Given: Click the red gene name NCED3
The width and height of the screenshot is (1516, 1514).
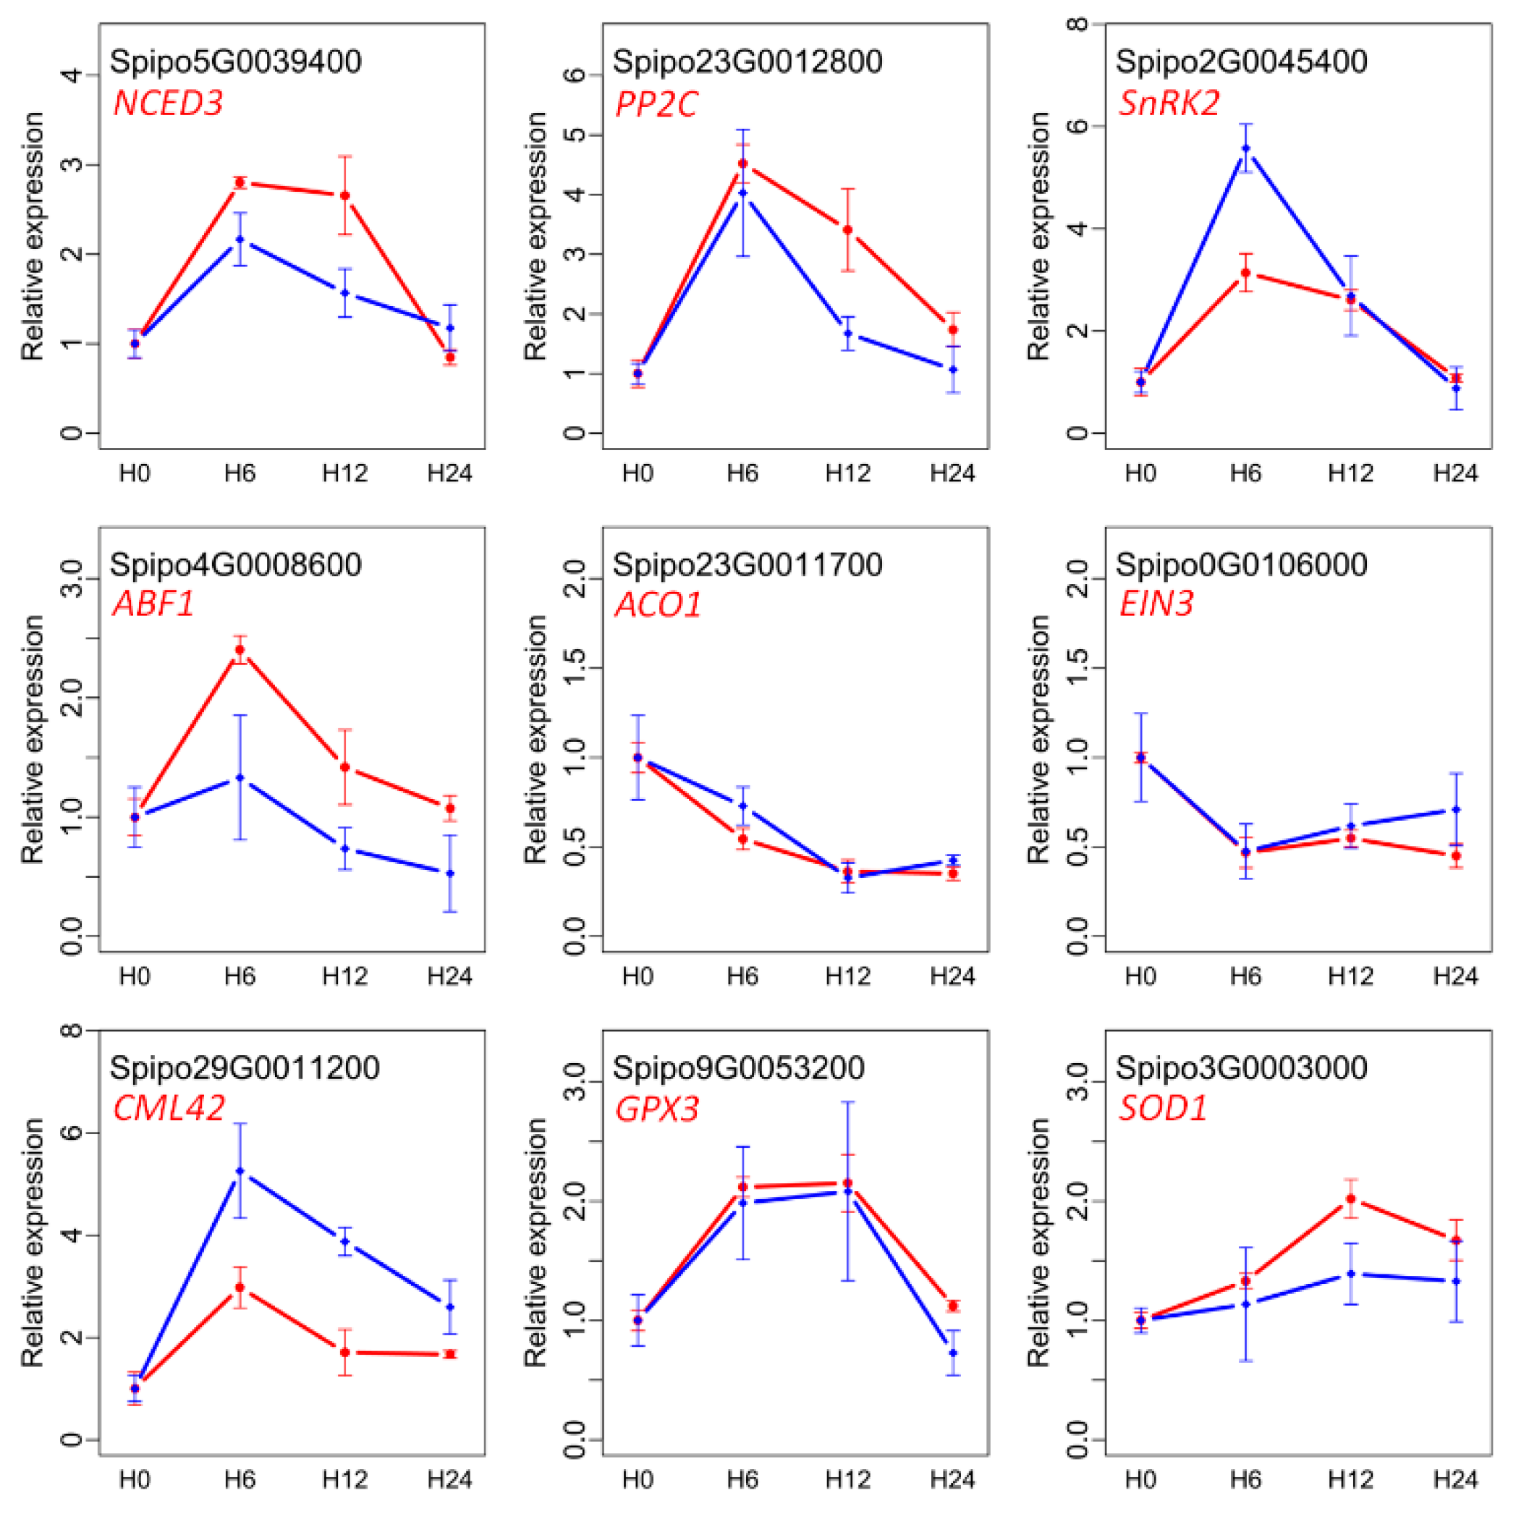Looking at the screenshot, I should coord(168,103).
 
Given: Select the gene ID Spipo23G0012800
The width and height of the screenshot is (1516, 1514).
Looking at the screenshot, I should coord(746,62).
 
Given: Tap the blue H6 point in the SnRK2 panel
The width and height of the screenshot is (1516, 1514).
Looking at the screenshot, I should coord(1245,148).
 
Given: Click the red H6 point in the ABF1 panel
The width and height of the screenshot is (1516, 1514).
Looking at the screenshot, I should coord(240,650).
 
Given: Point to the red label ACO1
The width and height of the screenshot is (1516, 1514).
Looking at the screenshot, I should coord(657,605).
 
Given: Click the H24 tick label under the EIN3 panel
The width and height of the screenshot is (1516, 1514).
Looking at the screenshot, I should coord(1454,976).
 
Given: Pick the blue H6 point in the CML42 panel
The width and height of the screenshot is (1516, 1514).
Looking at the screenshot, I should coord(240,1171).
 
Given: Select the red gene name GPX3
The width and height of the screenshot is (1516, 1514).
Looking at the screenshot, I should coord(656,1109).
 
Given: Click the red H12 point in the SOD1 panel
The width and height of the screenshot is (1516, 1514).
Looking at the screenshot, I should coord(1350,1199).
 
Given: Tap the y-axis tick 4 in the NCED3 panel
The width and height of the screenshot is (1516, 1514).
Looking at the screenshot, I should coord(74,75).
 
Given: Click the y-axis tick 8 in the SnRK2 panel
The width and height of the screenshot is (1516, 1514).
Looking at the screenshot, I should coord(1080,25).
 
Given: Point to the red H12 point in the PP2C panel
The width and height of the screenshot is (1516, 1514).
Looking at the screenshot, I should coord(847,230).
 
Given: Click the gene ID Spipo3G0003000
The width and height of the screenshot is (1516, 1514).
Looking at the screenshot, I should coord(1240,1067).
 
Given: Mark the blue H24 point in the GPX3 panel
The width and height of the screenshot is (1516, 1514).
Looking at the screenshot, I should coord(952,1353).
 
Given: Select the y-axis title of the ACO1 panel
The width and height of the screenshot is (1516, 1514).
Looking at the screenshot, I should coord(535,739).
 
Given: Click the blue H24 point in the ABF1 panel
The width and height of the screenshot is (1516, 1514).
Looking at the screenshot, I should coord(449,874).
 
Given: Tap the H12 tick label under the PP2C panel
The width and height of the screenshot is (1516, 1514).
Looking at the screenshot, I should coord(847,473).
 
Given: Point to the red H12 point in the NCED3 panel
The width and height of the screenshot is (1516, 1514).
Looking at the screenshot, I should coord(344,195).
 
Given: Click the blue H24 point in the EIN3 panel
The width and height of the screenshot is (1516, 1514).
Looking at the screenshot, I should coord(1456,809).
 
